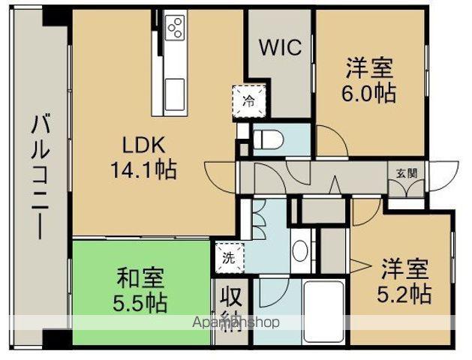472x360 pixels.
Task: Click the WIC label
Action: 279,47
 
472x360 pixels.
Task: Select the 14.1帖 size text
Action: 145,170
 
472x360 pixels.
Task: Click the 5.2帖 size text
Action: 404,293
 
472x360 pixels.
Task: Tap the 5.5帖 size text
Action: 141,304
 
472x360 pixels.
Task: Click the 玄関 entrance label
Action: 407,172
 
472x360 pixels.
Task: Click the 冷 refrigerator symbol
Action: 248,99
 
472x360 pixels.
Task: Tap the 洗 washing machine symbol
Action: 228,258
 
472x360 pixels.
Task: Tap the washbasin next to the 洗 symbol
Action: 299,251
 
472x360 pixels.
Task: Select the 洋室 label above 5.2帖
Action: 404,268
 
